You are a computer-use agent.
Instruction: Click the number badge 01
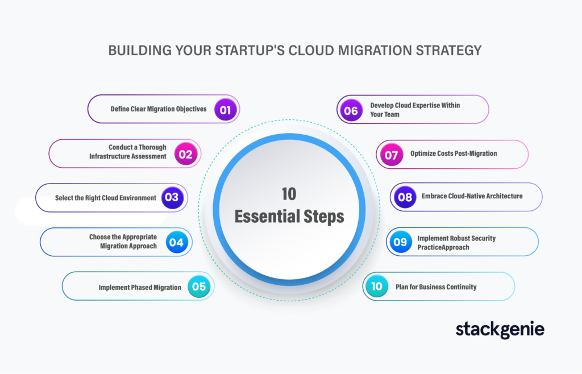coord(225,110)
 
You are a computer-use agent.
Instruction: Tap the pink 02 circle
coord(186,154)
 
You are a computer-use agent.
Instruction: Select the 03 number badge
coord(172,197)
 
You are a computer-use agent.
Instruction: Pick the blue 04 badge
coord(177,242)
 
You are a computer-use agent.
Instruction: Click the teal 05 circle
coord(199,286)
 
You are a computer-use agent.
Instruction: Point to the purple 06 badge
coord(351,110)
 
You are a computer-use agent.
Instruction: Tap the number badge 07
coord(391,155)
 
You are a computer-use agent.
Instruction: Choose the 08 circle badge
coord(405,197)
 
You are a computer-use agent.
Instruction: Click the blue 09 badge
coord(401,242)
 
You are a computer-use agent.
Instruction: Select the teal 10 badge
coord(377,286)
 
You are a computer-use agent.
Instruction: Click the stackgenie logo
coord(500,329)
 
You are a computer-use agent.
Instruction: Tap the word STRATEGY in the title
coord(448,51)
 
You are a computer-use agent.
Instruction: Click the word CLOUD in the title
coord(311,51)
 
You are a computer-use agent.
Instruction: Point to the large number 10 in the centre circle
coord(289,194)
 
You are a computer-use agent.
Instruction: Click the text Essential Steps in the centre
coord(289,217)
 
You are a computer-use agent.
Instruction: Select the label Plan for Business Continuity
coord(436,287)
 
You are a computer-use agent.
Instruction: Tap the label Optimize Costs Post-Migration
coord(454,153)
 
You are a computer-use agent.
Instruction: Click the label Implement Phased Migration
coord(140,287)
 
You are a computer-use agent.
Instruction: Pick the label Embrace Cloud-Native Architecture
coord(472,196)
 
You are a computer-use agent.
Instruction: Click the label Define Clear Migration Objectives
coord(159,109)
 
